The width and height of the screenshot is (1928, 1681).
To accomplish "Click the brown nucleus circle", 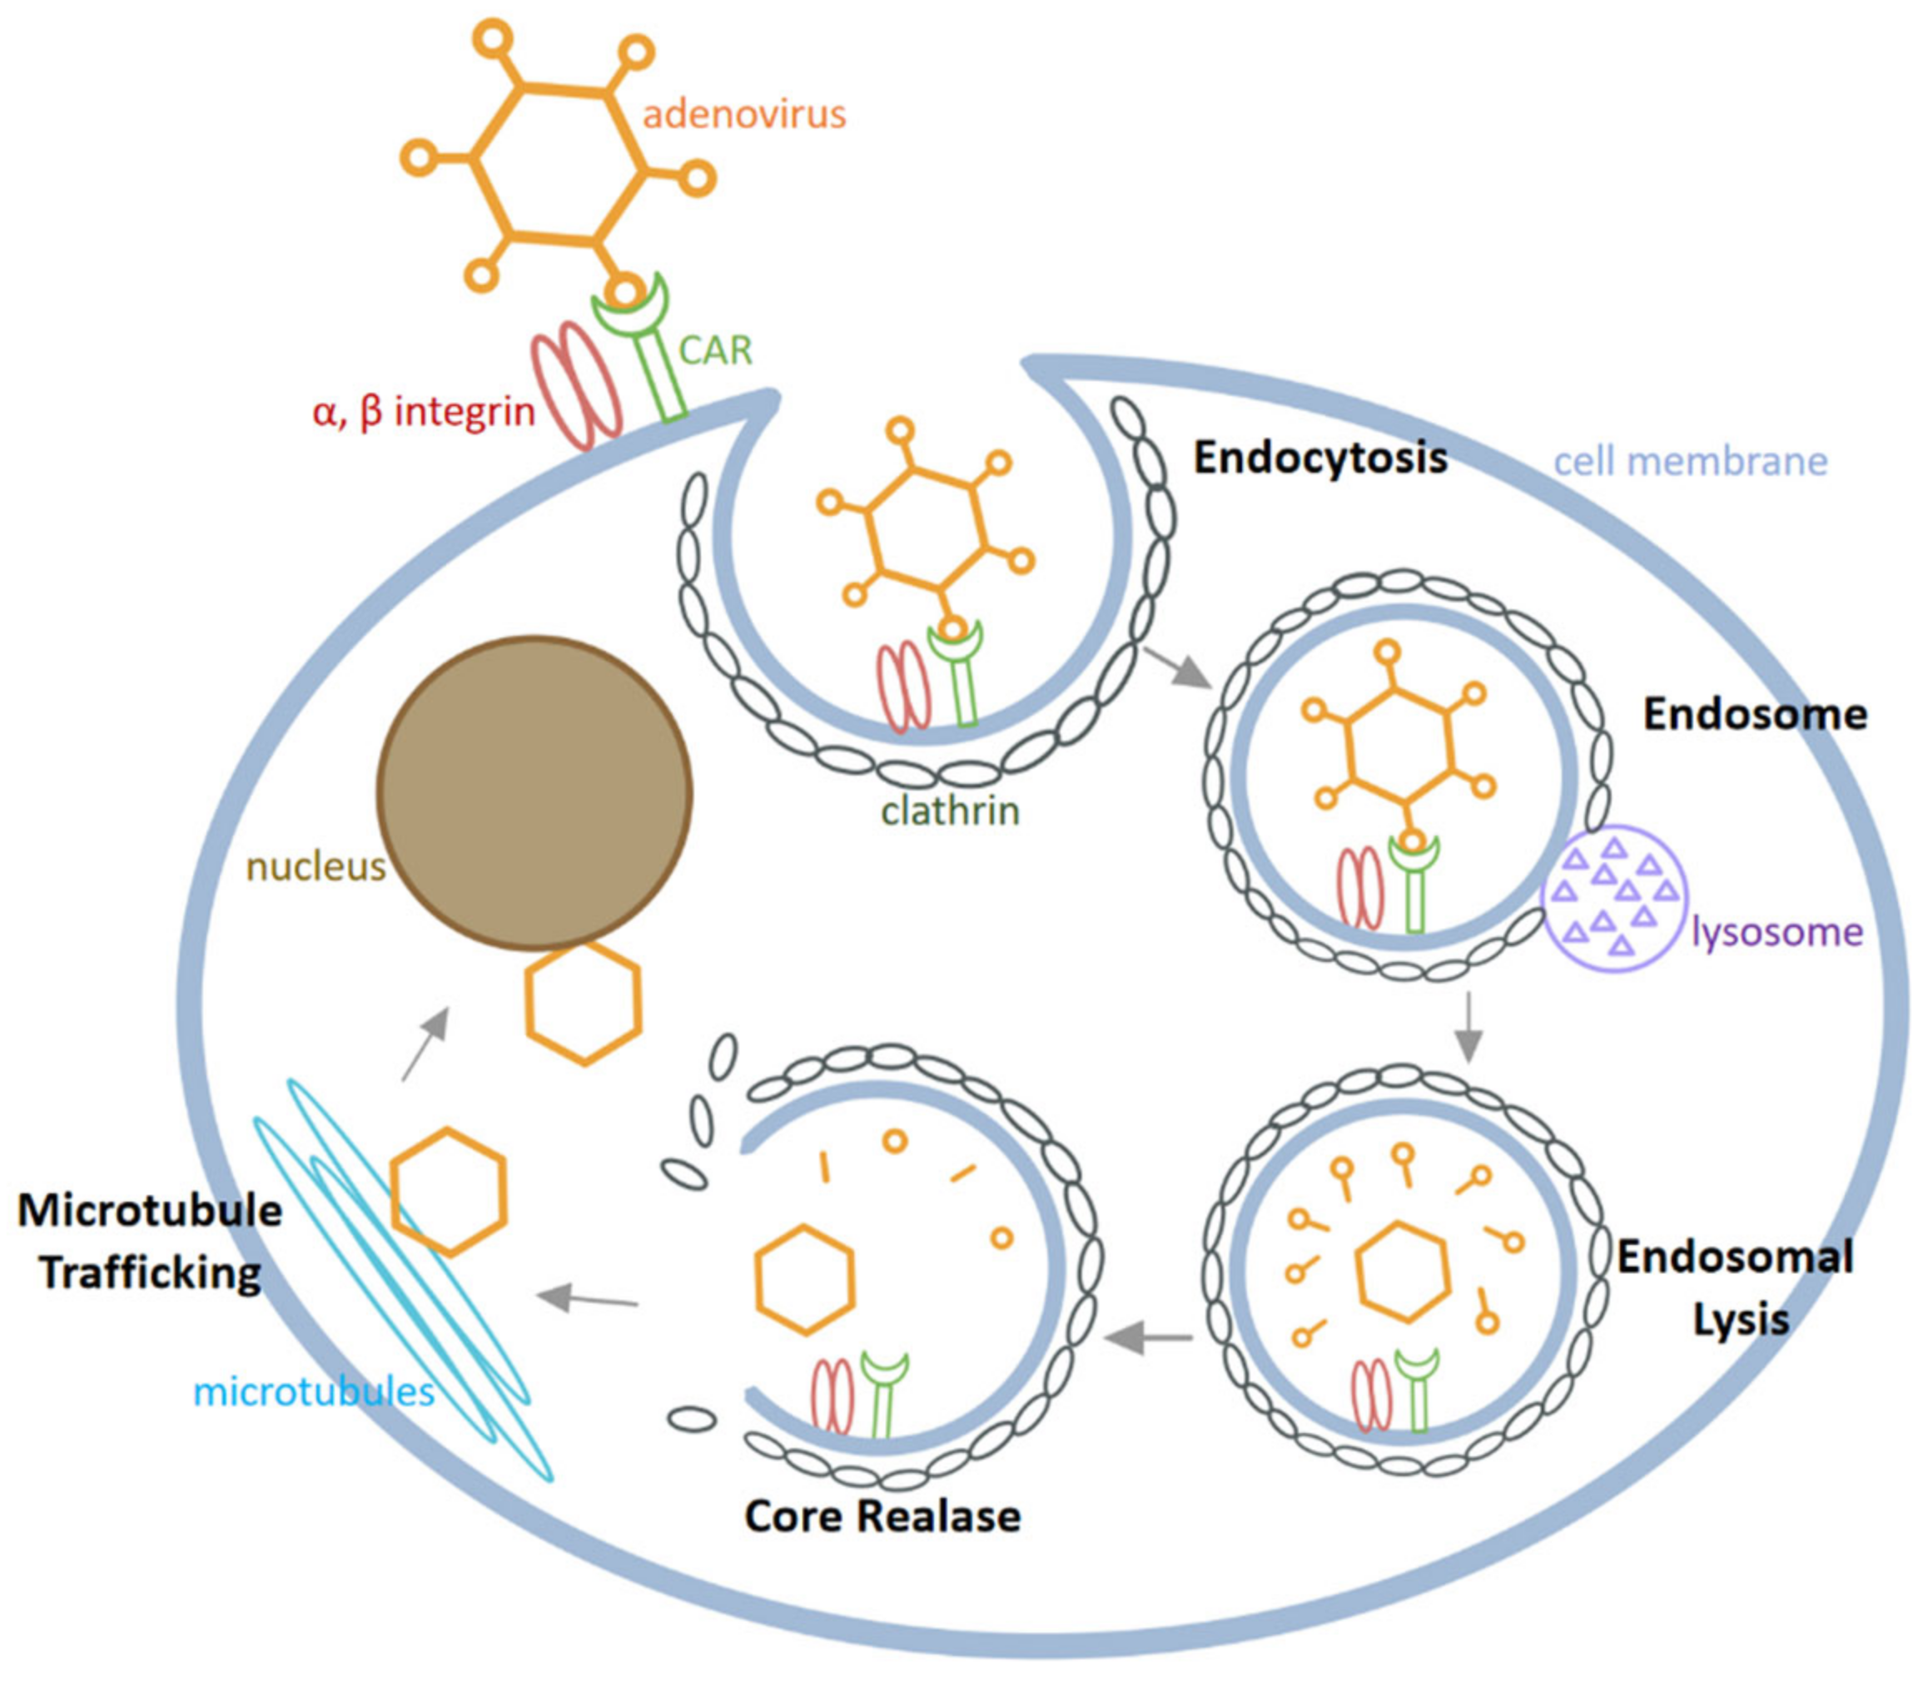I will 534,793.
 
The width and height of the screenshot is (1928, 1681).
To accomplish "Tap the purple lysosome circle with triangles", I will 1613,896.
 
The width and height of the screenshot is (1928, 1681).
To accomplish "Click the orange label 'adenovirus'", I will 744,115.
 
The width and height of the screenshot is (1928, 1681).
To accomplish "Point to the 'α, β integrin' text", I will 423,411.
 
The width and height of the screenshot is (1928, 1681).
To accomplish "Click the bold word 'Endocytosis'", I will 1319,459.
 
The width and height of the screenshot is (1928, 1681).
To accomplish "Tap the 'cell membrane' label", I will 1690,462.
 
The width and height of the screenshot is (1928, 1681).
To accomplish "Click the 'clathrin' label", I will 950,810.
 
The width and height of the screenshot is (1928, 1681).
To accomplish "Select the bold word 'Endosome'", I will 1755,715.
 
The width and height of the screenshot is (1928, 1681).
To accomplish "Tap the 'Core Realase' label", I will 882,1517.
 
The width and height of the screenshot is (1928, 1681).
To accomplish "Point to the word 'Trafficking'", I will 151,1274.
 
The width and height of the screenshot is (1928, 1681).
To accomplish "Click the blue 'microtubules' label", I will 313,1392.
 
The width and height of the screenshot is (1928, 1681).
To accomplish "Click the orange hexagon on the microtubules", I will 449,1192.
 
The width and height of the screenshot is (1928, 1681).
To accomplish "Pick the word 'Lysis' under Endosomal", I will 1741,1320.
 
